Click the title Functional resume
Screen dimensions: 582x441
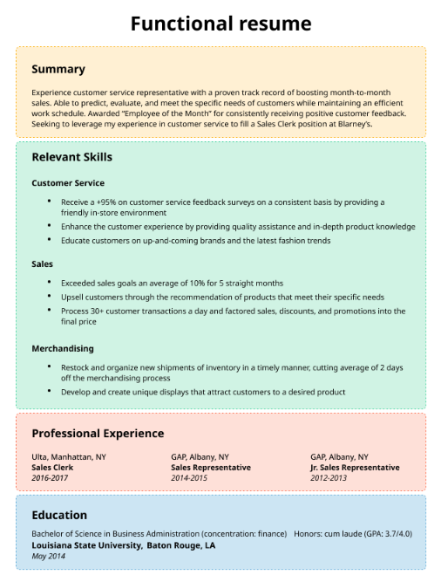coord(220,23)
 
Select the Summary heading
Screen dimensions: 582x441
coord(58,69)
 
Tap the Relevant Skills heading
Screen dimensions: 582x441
coord(71,157)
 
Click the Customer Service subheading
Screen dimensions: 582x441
coord(68,183)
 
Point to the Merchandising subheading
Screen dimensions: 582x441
coord(63,348)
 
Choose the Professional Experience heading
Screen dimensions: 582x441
coord(98,433)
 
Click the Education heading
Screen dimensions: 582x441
coord(59,515)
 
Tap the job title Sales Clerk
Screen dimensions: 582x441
coord(52,468)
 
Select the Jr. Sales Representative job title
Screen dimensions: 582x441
coord(355,468)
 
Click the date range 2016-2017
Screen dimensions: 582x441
coord(49,478)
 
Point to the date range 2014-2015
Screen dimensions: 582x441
coord(189,478)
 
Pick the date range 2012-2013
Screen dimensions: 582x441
coord(329,478)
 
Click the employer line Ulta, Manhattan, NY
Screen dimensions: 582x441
coord(69,456)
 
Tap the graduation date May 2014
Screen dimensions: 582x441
coord(49,556)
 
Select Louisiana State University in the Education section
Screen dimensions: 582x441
coord(85,545)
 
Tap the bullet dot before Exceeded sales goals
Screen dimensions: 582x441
coord(50,283)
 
